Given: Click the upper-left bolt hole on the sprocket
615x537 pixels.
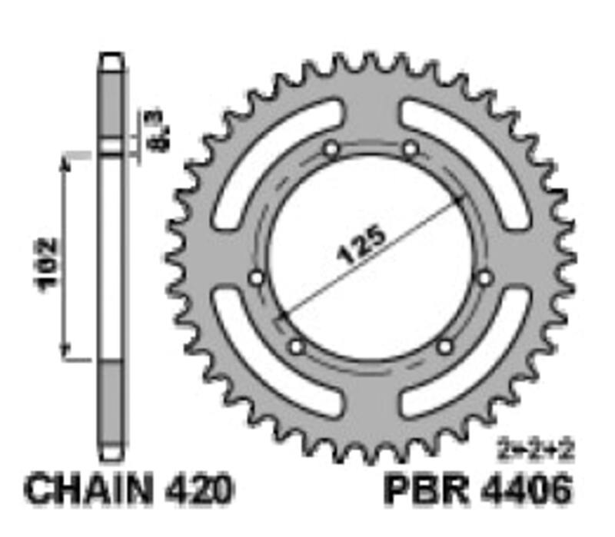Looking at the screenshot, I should point(331,149).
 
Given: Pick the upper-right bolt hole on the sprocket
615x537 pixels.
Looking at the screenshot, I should point(411,149).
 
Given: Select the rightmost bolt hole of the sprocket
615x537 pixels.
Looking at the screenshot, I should point(484,278).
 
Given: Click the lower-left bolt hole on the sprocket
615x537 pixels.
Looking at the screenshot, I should point(297,347).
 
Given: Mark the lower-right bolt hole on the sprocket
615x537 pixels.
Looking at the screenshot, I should point(444,347).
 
